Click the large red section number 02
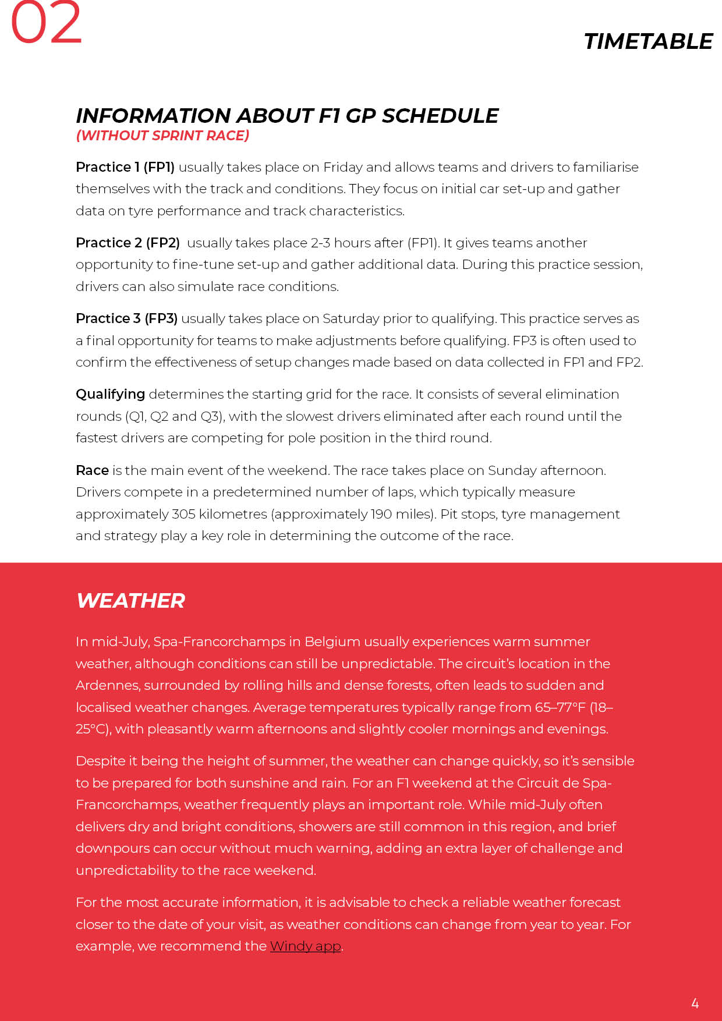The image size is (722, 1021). pos(46,23)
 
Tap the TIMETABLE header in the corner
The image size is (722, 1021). pos(647,41)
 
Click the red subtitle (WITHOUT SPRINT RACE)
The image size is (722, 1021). pos(162,136)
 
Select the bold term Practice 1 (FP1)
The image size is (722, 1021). pos(125,167)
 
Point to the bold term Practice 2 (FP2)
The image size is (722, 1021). pos(128,243)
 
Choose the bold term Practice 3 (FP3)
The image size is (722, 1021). pos(126,318)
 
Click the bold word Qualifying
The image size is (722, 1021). pos(110,394)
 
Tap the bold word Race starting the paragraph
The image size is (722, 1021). pos(92,470)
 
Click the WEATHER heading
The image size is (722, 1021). pos(130,601)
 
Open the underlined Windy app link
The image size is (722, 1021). pos(305,946)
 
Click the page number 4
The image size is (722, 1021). pos(695,1003)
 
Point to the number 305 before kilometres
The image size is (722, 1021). pos(183,514)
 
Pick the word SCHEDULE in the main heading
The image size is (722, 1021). pos(440,115)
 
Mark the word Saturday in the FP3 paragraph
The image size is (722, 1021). pos(351,318)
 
